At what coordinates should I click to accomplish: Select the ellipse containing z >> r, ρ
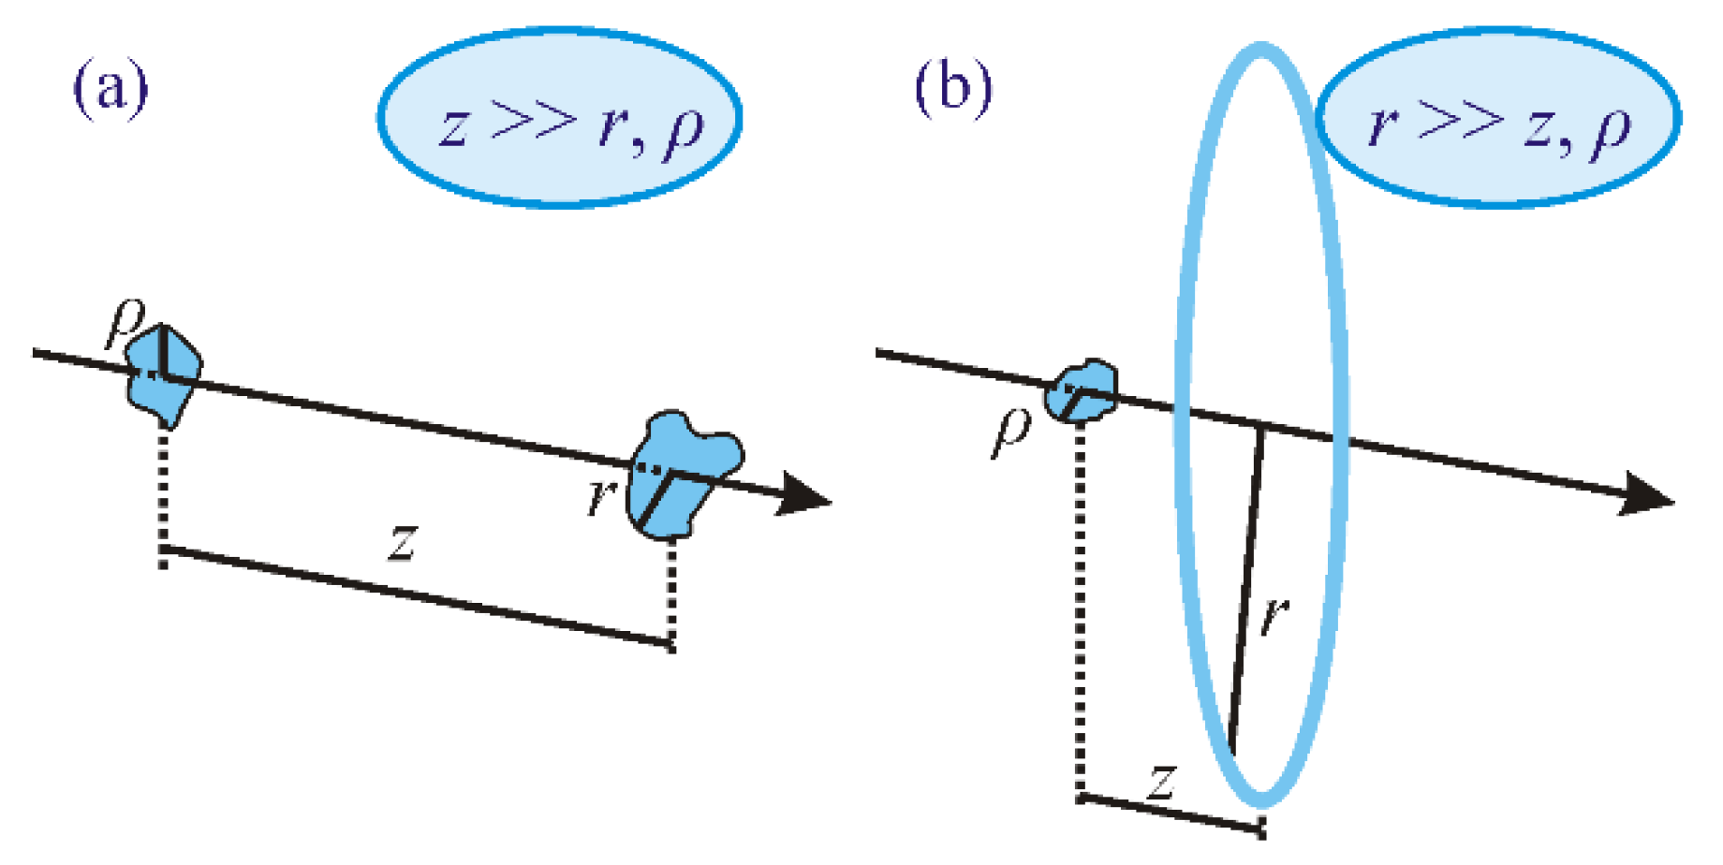pyautogui.click(x=560, y=118)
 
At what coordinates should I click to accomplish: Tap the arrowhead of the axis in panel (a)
pyautogui.click(x=805, y=495)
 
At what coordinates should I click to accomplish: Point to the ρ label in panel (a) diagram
pyautogui.click(x=125, y=320)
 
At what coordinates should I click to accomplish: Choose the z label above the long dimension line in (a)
pyautogui.click(x=403, y=542)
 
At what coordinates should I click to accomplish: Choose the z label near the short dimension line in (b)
pyautogui.click(x=1162, y=780)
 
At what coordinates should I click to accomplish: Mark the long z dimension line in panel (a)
pyautogui.click(x=417, y=595)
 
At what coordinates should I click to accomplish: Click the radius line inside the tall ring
pyautogui.click(x=1246, y=590)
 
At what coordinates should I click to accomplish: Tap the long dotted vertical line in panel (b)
pyautogui.click(x=1081, y=608)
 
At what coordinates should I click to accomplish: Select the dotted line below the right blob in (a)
pyautogui.click(x=671, y=594)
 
